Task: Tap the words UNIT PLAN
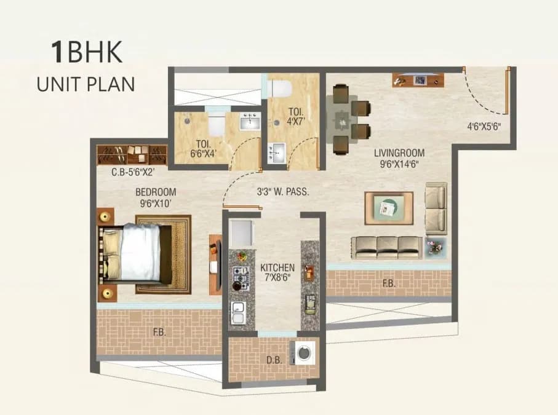tap(86, 84)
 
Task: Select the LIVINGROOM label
tap(399, 152)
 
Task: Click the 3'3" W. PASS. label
tap(282, 191)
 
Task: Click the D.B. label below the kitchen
tap(274, 361)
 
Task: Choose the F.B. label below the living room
tap(389, 284)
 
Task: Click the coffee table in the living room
tap(388, 208)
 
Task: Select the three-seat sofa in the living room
tap(387, 247)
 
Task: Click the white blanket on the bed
tap(140, 252)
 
